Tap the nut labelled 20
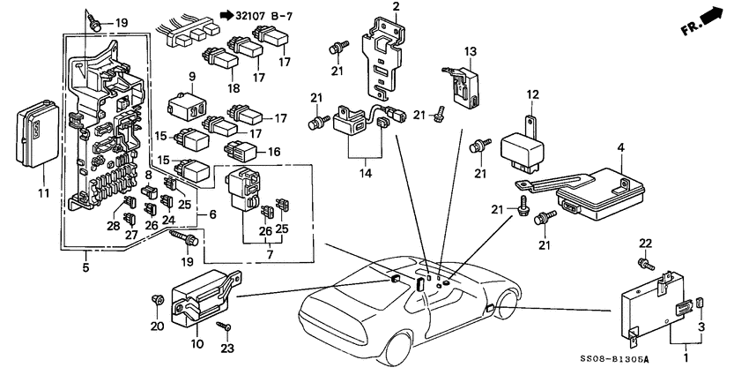(158, 301)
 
